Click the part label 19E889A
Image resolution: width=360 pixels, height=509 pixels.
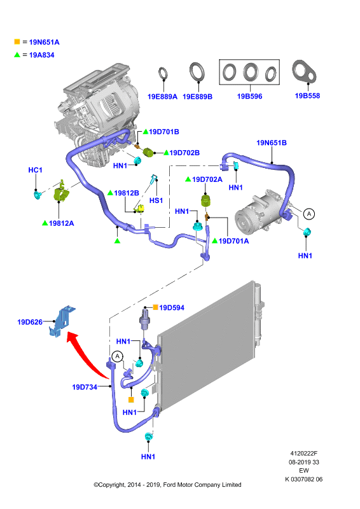[x=162, y=97]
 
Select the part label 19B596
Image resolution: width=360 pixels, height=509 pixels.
[x=249, y=97]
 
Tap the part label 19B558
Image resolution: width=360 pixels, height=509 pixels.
[x=307, y=96]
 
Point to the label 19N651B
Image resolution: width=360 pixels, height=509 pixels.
[x=272, y=143]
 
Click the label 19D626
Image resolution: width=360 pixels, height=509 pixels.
[x=30, y=322]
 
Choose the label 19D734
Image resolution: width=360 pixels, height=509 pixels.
[x=85, y=387]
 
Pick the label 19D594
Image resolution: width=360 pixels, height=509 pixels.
[x=172, y=308]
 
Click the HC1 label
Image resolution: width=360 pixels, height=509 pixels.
[x=35, y=170]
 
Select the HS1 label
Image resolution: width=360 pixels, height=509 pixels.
[x=156, y=200]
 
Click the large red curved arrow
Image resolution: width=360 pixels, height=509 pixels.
[x=88, y=356]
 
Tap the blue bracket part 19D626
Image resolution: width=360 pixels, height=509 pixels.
[x=62, y=321]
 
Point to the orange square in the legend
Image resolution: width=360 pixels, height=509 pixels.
[x=17, y=41]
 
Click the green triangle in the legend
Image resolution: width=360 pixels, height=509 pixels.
[x=17, y=55]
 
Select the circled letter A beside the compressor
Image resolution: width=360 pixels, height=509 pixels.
[x=309, y=214]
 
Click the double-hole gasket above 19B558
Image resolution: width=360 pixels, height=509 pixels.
[x=304, y=71]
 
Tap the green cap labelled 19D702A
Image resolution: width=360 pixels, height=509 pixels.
[x=206, y=200]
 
